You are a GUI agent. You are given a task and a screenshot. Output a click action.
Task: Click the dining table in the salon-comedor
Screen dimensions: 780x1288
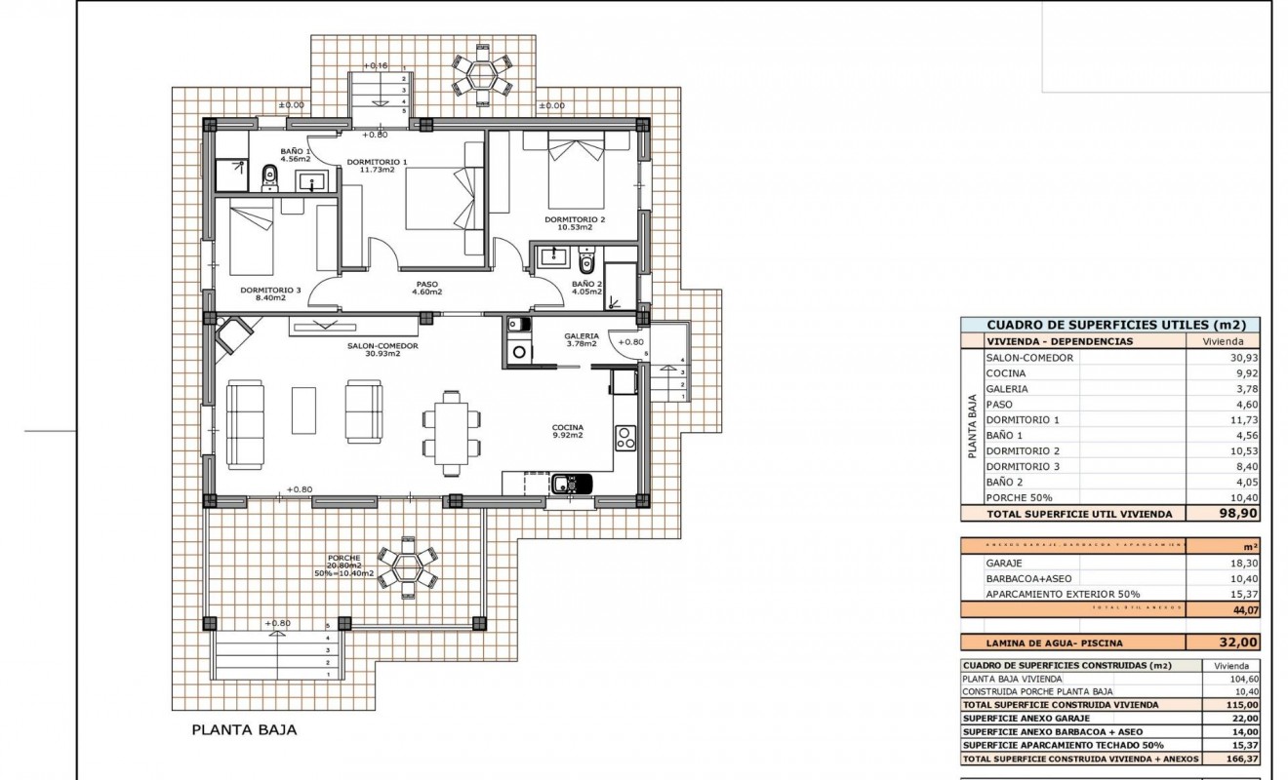(x=451, y=432)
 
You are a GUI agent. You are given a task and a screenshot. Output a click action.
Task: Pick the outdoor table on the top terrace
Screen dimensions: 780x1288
(x=481, y=75)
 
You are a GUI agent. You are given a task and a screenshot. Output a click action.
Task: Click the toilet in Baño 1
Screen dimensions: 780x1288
(x=270, y=177)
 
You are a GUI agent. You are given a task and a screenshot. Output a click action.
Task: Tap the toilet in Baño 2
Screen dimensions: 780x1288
(x=586, y=261)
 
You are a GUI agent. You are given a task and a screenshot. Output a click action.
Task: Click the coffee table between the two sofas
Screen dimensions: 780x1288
(x=303, y=410)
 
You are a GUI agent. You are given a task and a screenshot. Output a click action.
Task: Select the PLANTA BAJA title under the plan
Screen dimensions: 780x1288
(x=243, y=728)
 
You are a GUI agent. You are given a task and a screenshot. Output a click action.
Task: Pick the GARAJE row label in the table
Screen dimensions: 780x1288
(x=1005, y=563)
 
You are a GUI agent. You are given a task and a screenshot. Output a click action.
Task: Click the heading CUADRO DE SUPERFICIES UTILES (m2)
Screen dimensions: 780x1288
(x=1109, y=326)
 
